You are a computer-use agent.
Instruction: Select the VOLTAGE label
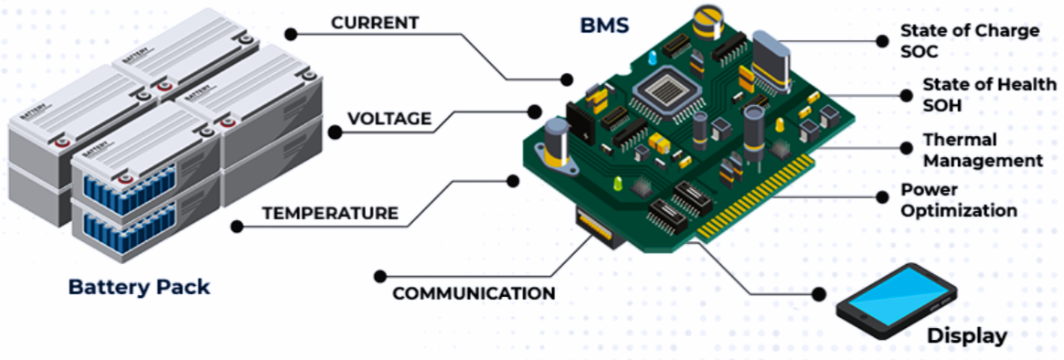[x=388, y=119]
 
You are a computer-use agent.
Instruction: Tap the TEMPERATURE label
[x=330, y=214]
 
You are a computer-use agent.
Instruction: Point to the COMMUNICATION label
[x=473, y=293]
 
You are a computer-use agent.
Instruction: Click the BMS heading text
[x=604, y=25]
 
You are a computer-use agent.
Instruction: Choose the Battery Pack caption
[x=139, y=287]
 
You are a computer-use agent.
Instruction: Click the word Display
[x=967, y=335]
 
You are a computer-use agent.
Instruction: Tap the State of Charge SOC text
[x=970, y=41]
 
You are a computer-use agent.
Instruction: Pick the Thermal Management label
[x=982, y=151]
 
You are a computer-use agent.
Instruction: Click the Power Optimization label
[x=959, y=200]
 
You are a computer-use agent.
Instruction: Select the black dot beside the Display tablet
[x=818, y=294]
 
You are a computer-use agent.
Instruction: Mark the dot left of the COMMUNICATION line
[x=380, y=273]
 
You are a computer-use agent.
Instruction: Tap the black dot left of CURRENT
[x=291, y=33]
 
